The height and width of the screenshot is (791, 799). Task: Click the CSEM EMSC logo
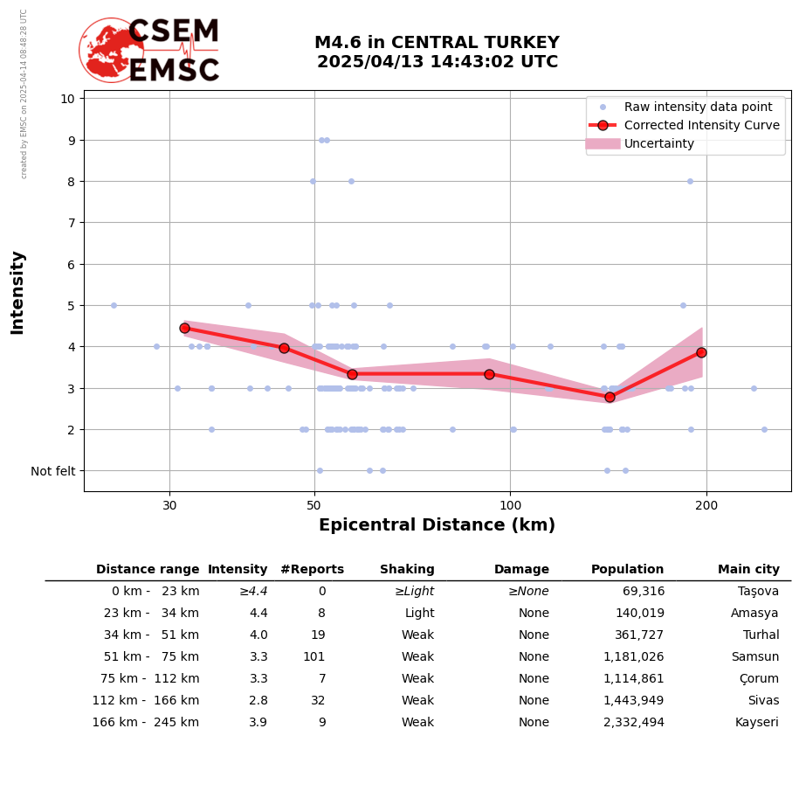tap(149, 51)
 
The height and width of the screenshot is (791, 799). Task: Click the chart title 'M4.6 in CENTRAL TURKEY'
tap(437, 43)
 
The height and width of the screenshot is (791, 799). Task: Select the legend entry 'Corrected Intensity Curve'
tap(701, 125)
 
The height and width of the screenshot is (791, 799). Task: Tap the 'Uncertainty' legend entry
tap(659, 143)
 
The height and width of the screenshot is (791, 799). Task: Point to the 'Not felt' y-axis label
tap(52, 471)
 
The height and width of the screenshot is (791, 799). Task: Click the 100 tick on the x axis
tap(510, 504)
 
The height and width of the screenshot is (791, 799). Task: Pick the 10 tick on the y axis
tap(67, 99)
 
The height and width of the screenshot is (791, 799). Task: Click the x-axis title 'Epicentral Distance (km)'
tap(437, 525)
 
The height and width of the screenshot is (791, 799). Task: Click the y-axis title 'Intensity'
tap(17, 292)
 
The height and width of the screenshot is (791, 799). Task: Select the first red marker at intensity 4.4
tap(184, 328)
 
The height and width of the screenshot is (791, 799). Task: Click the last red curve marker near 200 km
tap(701, 352)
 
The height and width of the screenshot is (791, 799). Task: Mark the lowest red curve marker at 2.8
tap(610, 397)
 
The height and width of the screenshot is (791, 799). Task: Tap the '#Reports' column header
tap(312, 570)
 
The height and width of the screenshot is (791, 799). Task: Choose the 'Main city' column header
tap(748, 570)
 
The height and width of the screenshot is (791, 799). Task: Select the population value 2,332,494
tap(633, 723)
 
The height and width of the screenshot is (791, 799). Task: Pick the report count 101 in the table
tap(313, 657)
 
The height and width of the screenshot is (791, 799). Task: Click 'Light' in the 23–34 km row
tap(419, 614)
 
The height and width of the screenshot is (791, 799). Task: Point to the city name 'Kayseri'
tap(756, 723)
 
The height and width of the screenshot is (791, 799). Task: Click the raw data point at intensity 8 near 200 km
tap(690, 181)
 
